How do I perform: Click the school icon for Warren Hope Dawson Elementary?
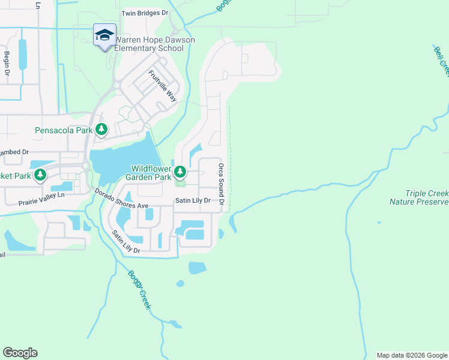(104, 35)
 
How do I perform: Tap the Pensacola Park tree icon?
(102, 129)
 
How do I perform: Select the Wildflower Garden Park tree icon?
(180, 173)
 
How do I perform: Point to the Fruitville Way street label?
(163, 86)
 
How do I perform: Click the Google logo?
(20, 353)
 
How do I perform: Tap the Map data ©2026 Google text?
(411, 355)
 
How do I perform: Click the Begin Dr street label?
(7, 64)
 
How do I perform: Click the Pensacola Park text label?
(64, 130)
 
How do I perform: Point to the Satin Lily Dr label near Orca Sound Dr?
(193, 201)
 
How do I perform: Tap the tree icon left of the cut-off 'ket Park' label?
(40, 175)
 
